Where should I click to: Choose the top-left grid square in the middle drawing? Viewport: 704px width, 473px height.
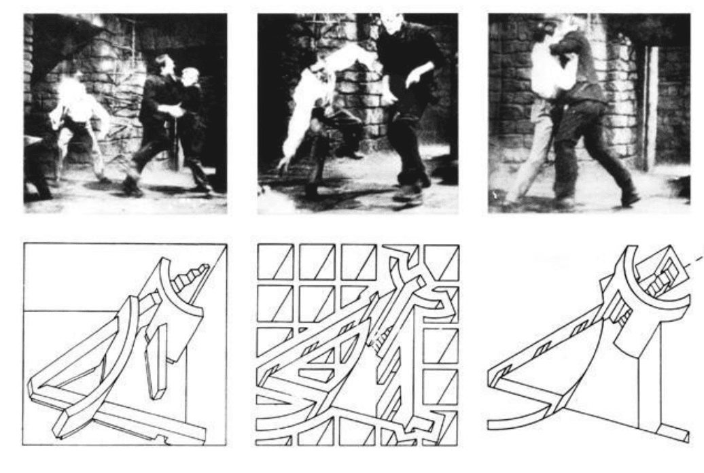point(275,261)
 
